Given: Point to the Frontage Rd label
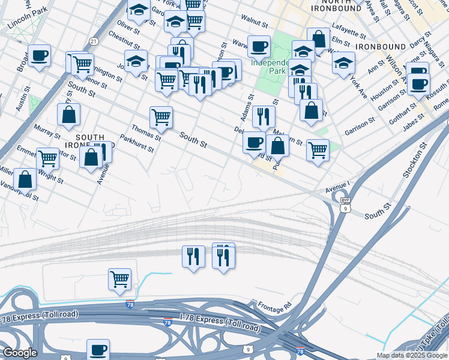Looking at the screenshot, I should pos(274,305).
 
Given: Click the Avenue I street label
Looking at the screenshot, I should pos(337,188).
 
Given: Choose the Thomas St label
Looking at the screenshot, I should pos(146,131).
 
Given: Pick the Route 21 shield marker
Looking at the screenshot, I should pos(93,41).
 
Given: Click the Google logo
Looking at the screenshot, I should pos(19,353).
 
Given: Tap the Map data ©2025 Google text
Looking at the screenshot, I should pos(411,355).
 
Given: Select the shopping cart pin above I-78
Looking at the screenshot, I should pos(120,278).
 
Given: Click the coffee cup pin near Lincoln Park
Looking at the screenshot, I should pos(40,56).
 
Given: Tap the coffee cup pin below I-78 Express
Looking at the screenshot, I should pos(98,349).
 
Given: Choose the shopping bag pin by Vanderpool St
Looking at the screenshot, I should pos(25,178).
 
